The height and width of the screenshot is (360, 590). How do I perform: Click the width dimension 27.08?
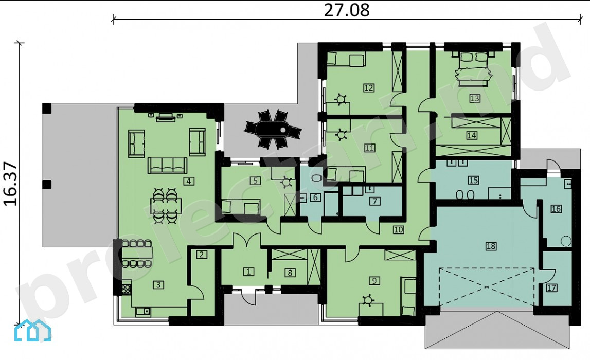(x=347, y=10)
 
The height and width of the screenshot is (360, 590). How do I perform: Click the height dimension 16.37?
(x=10, y=184)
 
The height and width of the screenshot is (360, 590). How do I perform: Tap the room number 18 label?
(x=491, y=246)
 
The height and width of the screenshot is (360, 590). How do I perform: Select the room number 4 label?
(x=188, y=182)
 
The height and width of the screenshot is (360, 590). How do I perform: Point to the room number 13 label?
(x=474, y=99)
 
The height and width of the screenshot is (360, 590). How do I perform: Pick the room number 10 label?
(x=398, y=229)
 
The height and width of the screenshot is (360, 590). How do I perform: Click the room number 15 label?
(x=473, y=180)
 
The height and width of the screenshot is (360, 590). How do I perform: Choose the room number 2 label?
(x=201, y=255)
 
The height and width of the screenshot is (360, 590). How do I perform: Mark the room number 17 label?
(x=551, y=288)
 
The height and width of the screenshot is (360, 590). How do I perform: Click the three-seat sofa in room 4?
(x=168, y=166)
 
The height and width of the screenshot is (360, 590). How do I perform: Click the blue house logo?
(x=32, y=330)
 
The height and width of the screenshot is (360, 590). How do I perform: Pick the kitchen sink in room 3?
(x=142, y=311)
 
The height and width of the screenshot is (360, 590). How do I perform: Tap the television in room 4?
(x=166, y=117)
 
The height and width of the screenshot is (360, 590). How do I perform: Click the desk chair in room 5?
(x=287, y=183)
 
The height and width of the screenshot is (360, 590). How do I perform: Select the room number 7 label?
(x=374, y=201)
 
